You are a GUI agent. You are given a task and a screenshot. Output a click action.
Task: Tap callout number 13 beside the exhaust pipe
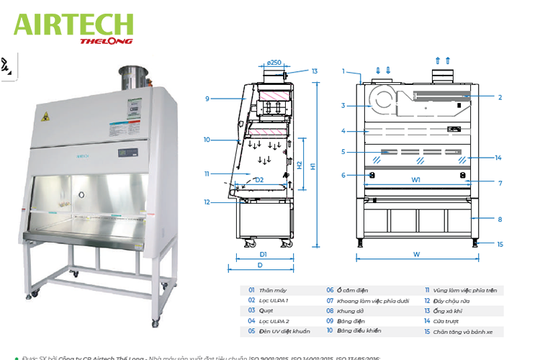315,71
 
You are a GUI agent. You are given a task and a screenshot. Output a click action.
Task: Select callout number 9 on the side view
207,99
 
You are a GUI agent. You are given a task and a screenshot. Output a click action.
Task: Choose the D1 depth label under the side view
264,254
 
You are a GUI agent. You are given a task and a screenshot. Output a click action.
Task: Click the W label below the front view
416,254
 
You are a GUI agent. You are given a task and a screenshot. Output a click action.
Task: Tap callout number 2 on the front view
500,96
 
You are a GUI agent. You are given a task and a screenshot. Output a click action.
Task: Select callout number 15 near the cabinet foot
500,244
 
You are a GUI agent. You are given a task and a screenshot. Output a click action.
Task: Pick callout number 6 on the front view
343,175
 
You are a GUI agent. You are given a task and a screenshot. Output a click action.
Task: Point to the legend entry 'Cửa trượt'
447,321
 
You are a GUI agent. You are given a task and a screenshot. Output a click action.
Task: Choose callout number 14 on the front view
498,158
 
